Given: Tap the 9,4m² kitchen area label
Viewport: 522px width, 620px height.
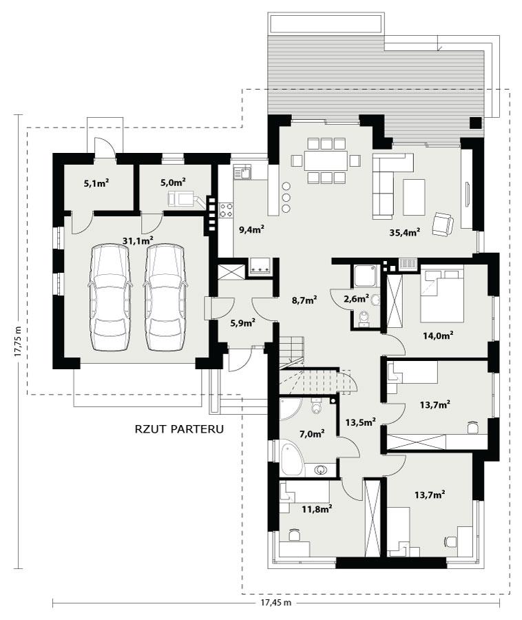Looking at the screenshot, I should point(251,229).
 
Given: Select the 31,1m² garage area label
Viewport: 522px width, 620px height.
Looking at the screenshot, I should point(137,239).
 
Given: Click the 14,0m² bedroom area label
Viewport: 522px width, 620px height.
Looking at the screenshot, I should point(437,335).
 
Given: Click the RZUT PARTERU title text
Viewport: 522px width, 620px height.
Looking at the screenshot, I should point(180,428).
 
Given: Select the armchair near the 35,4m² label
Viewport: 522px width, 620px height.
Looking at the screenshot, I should point(442,223).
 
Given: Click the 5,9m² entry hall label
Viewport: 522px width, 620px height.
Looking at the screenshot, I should point(242,322).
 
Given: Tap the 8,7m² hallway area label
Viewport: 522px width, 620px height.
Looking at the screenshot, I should point(303,300).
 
